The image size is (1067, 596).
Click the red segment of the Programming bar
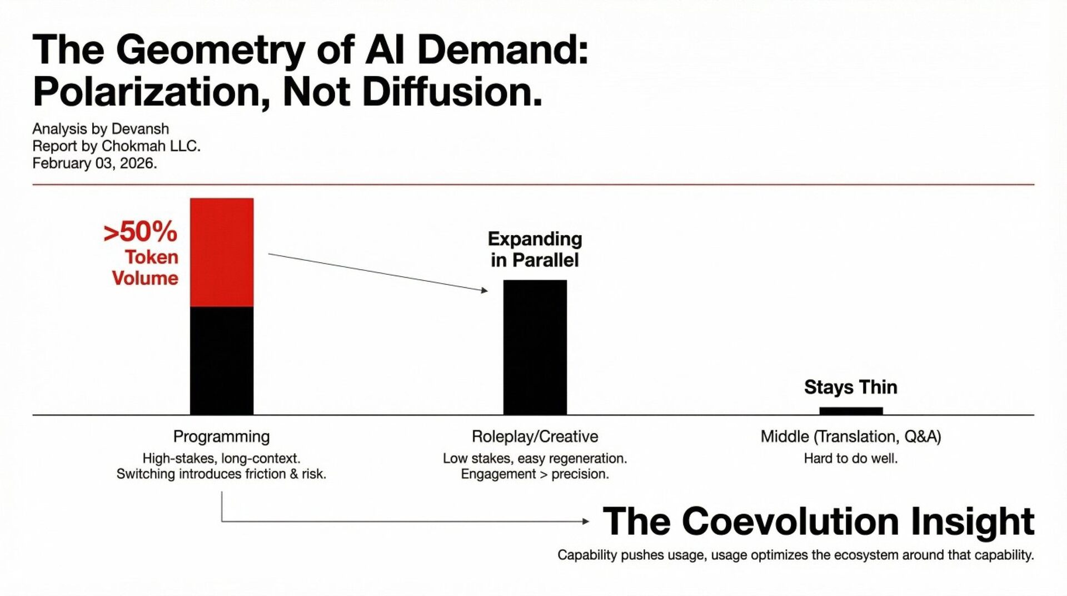[x=222, y=252]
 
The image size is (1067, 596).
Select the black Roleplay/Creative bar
[x=535, y=347]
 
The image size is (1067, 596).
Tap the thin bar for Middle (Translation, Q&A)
[x=851, y=411]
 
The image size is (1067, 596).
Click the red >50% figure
[x=140, y=232]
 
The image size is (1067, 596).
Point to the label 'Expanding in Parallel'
[x=535, y=249]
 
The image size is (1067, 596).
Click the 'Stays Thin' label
[x=850, y=387]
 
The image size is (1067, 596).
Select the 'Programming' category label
[x=221, y=436]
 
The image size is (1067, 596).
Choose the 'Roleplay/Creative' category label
[x=535, y=436]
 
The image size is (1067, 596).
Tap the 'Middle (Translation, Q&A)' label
[x=850, y=436]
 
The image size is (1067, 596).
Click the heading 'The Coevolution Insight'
[x=818, y=521]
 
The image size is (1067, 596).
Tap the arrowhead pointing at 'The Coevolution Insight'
[x=586, y=521]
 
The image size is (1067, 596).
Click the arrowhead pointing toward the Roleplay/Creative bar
[x=485, y=290]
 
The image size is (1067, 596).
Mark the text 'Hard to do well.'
[x=850, y=459]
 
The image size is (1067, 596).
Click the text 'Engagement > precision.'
[x=535, y=474]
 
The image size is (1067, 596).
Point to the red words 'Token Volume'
[x=146, y=267]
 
